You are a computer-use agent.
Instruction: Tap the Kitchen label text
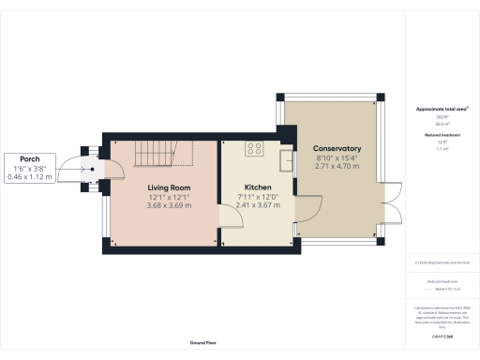(x=258, y=187)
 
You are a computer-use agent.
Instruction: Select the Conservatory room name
(x=337, y=148)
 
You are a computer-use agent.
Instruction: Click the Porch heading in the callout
(x=31, y=158)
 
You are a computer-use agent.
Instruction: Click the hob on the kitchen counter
(x=255, y=148)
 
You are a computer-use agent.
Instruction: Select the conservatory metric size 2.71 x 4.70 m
(x=337, y=166)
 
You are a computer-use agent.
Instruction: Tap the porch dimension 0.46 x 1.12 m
(x=31, y=176)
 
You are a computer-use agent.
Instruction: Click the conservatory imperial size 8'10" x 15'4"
(x=337, y=157)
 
